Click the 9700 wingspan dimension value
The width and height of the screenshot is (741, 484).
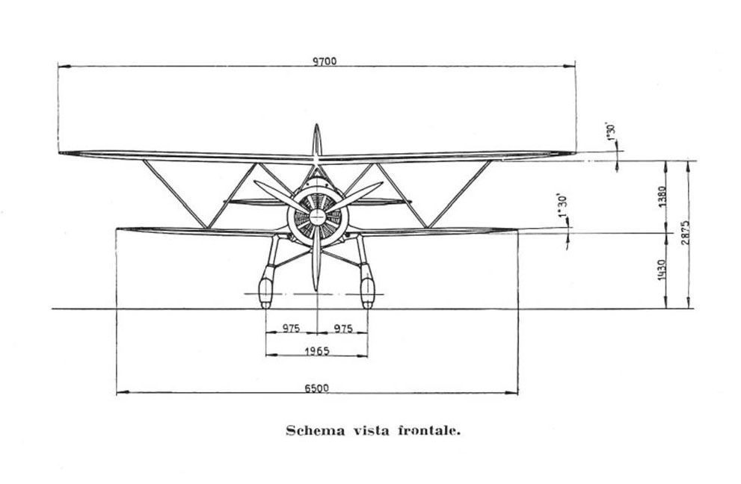(325, 61)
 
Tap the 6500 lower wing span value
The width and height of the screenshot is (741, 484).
(316, 388)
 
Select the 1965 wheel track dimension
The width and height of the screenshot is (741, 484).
(316, 351)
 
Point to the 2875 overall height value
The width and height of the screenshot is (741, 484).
(685, 232)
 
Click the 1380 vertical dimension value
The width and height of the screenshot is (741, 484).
(662, 196)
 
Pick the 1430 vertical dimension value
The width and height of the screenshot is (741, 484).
(662, 269)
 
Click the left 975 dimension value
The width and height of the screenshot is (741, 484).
(291, 328)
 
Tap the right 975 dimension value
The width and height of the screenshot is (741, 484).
(343, 328)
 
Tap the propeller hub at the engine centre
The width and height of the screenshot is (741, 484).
(318, 217)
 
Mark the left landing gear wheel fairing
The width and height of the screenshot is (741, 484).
(265, 289)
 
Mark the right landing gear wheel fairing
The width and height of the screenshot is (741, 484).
(367, 289)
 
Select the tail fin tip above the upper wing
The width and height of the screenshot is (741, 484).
(317, 125)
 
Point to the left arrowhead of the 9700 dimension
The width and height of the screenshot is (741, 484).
(64, 66)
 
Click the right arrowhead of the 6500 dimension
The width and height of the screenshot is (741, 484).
(511, 392)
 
